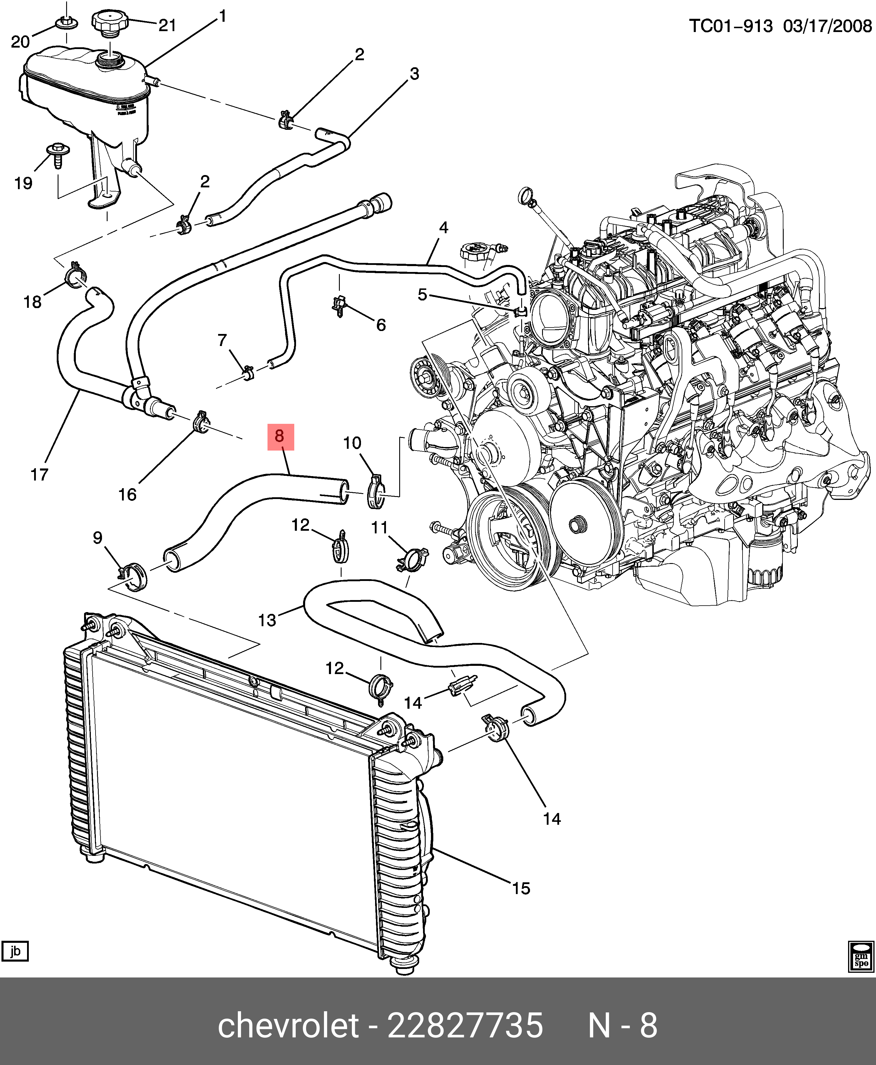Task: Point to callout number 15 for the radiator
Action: pos(521,888)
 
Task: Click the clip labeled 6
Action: pos(340,305)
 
